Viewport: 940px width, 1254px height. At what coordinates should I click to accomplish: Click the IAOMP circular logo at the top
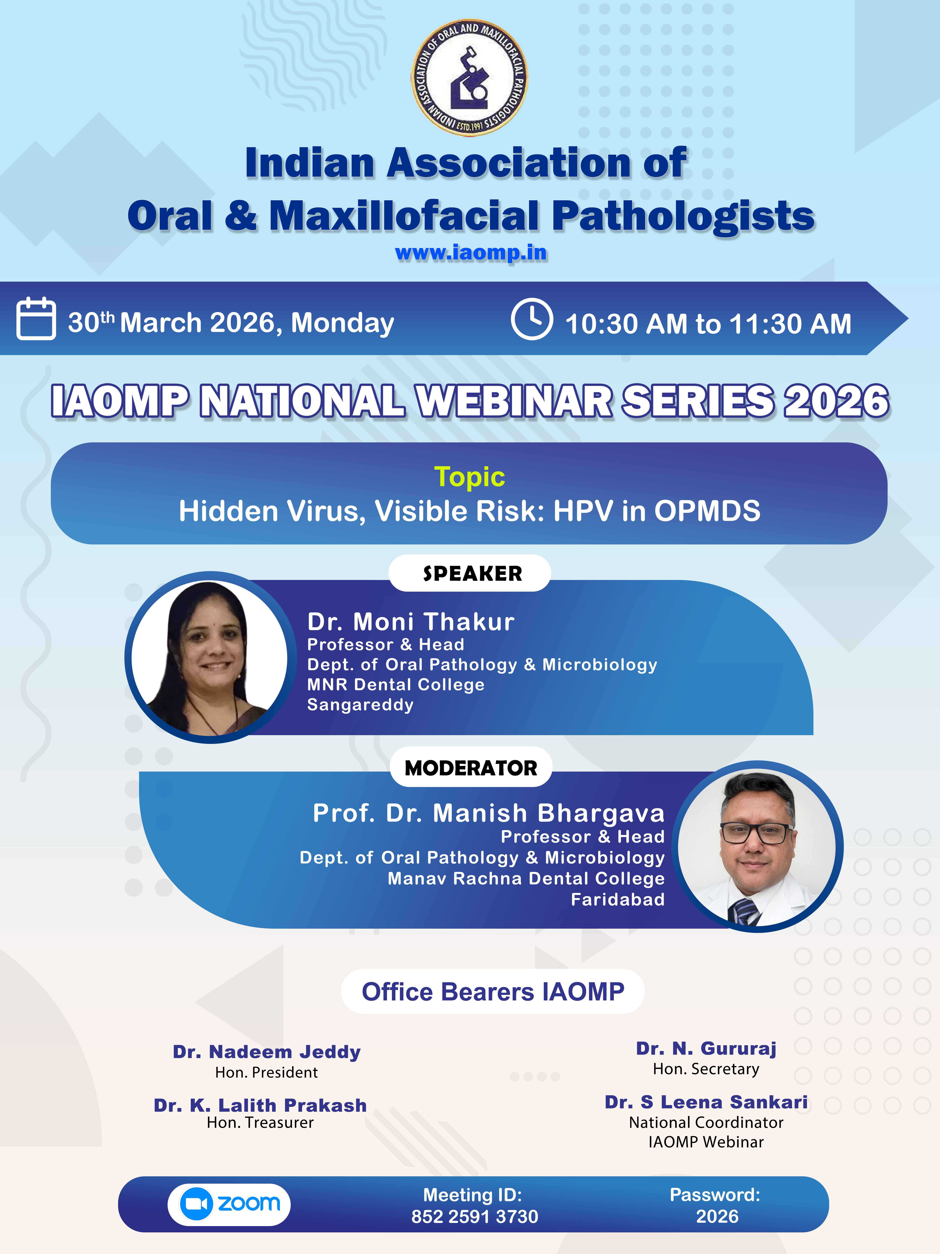tap(469, 78)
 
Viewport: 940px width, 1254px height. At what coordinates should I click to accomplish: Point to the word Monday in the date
tap(342, 323)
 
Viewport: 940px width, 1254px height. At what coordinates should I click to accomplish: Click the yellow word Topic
tap(469, 477)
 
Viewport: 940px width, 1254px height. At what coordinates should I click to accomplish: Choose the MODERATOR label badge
tap(471, 768)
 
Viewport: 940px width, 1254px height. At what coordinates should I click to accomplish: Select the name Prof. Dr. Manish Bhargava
tap(488, 813)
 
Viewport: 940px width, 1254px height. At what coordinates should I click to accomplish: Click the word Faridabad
tap(618, 899)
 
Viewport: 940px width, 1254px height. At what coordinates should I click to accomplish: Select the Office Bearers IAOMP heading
tap(493, 992)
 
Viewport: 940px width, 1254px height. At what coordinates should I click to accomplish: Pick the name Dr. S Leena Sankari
tap(706, 1102)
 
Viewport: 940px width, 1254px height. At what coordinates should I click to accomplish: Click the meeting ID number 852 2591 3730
tap(475, 1217)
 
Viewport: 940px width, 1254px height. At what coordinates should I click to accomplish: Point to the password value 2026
tap(717, 1217)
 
